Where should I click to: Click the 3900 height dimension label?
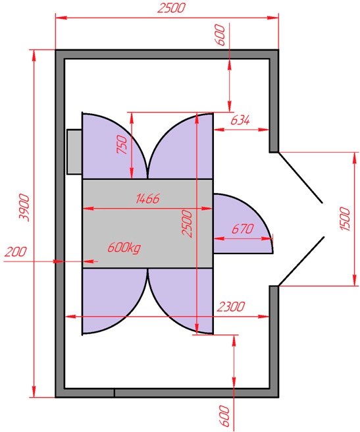tap(24, 207)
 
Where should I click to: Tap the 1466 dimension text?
tap(147, 199)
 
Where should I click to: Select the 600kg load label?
tap(124, 248)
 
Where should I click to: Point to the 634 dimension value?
tap(240, 120)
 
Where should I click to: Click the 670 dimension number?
tap(242, 229)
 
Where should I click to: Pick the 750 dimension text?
tap(122, 144)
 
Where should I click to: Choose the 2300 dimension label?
tap(231, 307)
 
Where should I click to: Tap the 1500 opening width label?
tap(345, 219)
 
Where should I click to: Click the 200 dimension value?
tap(16, 252)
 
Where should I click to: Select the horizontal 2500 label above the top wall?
tap(171, 8)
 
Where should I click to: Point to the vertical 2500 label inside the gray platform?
tap(187, 223)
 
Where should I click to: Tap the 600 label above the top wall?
tap(220, 35)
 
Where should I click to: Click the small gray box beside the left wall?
tap(74, 152)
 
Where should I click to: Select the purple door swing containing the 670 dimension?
tap(243, 223)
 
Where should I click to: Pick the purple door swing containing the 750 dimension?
tap(115, 146)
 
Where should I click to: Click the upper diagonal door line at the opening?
tap(301, 178)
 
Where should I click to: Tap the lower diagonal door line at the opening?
tap(301, 261)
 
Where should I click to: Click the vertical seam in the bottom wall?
tap(115, 393)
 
